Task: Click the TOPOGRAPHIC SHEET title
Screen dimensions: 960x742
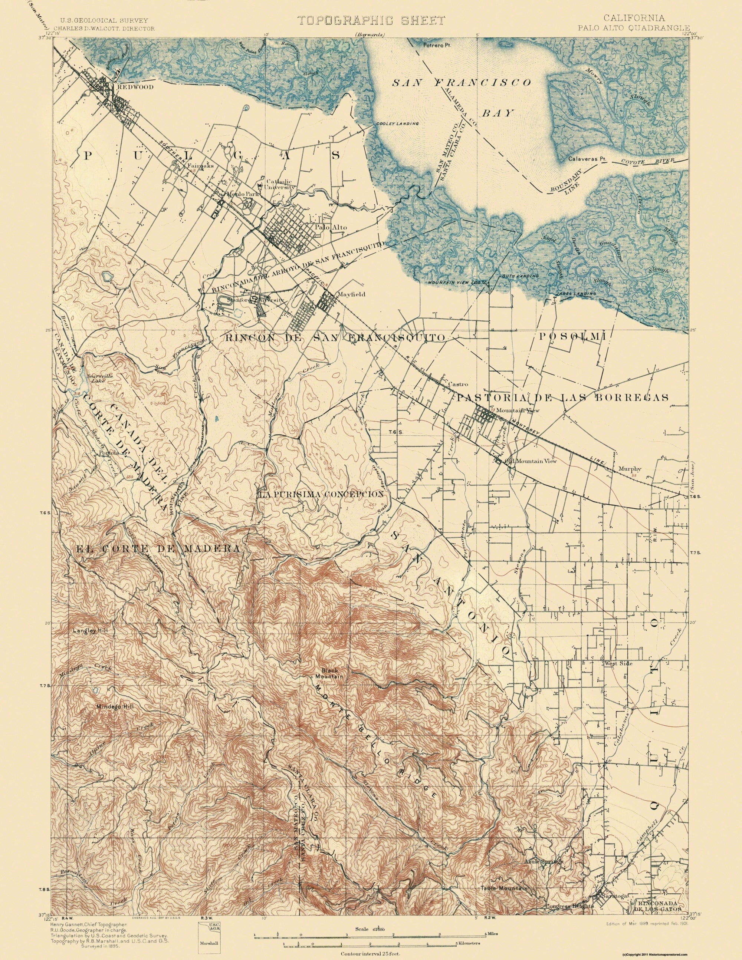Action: [371, 20]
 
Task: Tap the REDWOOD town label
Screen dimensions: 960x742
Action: [135, 87]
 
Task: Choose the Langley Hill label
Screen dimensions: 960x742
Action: [89, 630]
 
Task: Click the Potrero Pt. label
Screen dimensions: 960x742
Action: [434, 45]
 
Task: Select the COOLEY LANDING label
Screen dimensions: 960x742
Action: [396, 124]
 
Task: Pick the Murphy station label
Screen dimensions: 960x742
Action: [630, 469]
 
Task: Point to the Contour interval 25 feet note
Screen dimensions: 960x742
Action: [371, 950]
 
